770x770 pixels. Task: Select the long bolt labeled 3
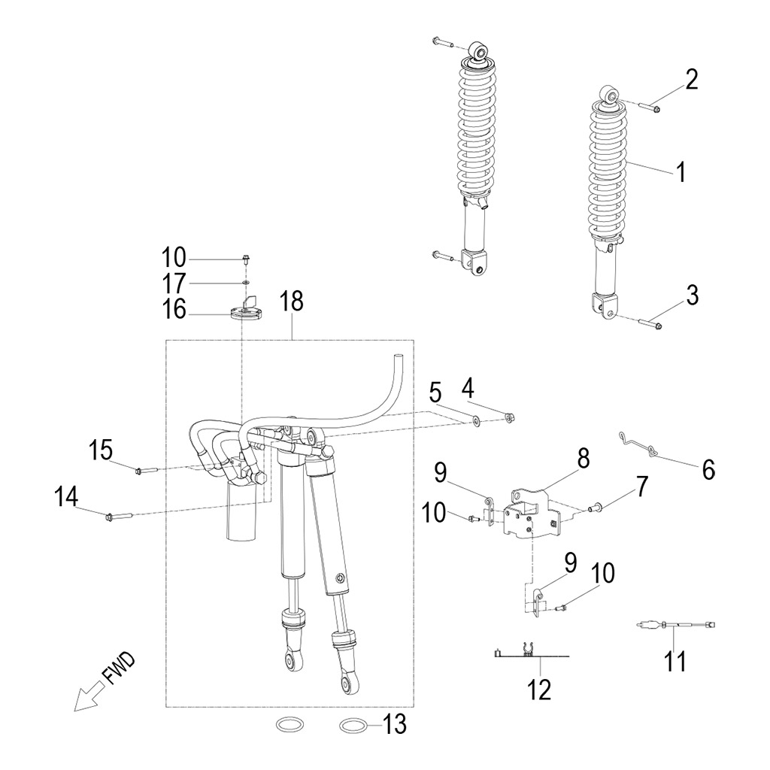[651, 324]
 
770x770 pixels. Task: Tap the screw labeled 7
[595, 508]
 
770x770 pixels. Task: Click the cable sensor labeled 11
[677, 624]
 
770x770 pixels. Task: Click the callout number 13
[395, 725]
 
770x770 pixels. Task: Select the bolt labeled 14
[120, 516]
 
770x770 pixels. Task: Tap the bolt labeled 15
[145, 471]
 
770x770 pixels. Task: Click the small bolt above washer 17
[246, 259]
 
